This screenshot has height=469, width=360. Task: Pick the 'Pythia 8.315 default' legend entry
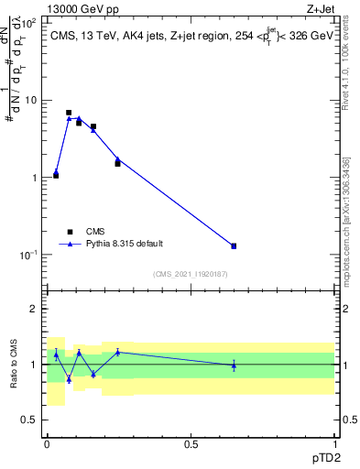[x=124, y=244]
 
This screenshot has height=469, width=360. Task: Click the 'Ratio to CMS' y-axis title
[x=14, y=364]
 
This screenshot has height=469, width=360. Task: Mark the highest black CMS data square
[x=69, y=113]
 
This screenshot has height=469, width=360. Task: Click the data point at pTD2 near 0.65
[x=234, y=245]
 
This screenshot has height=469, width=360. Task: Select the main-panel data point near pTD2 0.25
[x=117, y=162]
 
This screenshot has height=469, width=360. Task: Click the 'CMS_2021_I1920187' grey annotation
[x=191, y=274]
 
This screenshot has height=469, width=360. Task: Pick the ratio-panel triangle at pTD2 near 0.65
[x=234, y=365]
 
